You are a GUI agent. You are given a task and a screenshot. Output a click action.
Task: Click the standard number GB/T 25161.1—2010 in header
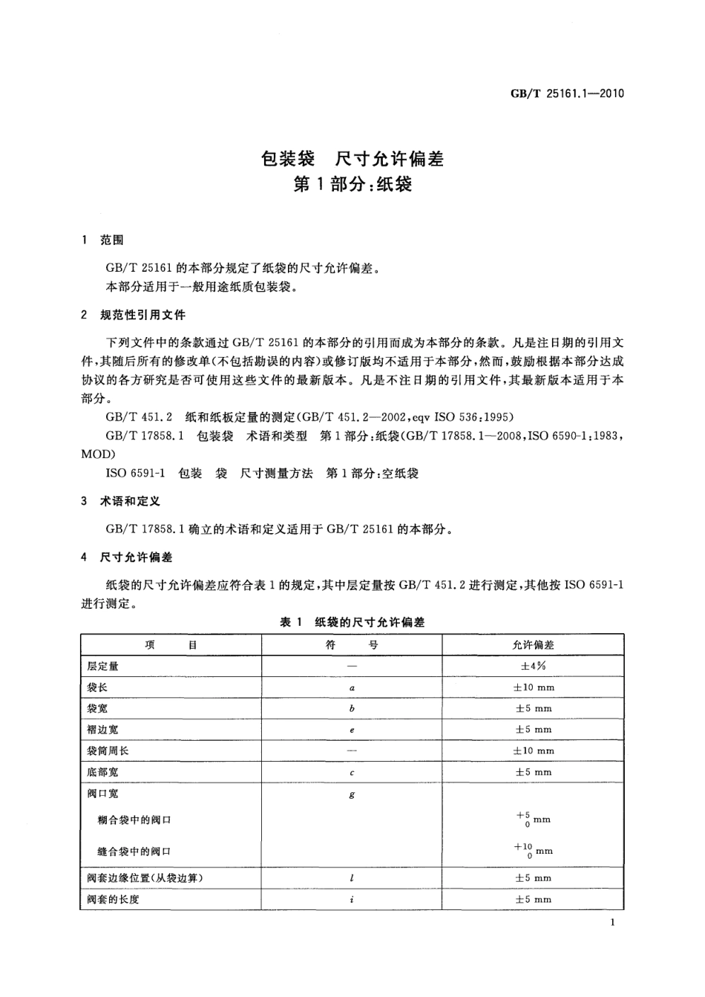click(x=567, y=94)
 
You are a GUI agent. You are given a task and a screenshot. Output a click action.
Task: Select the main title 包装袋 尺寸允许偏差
click(x=352, y=158)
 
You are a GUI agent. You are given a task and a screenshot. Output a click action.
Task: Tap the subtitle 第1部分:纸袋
click(x=352, y=184)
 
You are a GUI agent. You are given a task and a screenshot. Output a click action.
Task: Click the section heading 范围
click(x=112, y=240)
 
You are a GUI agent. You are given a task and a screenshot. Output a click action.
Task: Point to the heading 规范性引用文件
click(x=142, y=315)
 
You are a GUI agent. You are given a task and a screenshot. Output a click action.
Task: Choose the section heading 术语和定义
click(x=130, y=501)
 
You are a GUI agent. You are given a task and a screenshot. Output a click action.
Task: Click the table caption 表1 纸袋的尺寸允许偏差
click(x=352, y=622)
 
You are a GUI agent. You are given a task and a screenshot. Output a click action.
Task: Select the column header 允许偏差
click(x=533, y=644)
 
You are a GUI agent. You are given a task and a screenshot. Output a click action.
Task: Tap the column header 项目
click(x=171, y=644)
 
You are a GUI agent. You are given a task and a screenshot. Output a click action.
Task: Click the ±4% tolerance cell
click(x=533, y=666)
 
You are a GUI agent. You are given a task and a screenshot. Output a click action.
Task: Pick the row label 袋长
click(x=97, y=687)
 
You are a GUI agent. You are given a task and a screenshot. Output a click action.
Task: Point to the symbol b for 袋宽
click(x=352, y=708)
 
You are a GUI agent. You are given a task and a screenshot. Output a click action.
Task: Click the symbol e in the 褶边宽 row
click(x=352, y=730)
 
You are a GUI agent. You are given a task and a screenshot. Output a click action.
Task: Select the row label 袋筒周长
click(x=108, y=751)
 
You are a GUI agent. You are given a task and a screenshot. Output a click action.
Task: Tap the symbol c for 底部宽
click(x=352, y=772)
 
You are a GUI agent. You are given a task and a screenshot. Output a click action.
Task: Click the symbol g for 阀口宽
click(x=352, y=794)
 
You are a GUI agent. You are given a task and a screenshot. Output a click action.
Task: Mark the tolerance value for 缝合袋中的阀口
click(x=533, y=850)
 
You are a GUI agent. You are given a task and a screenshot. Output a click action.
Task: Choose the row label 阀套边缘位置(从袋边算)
click(x=145, y=877)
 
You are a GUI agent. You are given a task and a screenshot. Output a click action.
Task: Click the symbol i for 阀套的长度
click(x=352, y=899)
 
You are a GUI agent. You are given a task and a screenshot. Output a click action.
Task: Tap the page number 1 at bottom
click(x=611, y=922)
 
